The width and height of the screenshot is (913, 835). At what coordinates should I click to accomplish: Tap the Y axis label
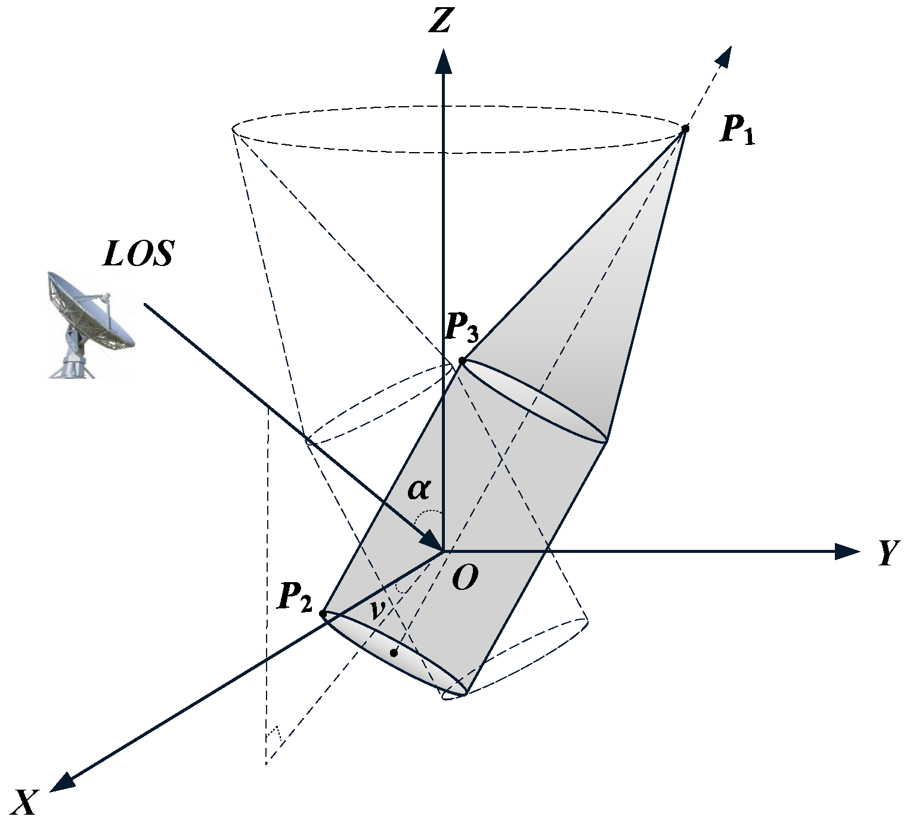(x=887, y=553)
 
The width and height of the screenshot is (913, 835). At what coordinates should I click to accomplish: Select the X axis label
(x=26, y=802)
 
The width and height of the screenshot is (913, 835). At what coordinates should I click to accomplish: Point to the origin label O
(x=465, y=577)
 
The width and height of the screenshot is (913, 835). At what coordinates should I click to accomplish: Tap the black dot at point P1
(x=685, y=128)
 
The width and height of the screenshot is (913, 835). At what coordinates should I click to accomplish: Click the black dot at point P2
(x=323, y=613)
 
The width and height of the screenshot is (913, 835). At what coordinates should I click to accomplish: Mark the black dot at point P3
(x=462, y=361)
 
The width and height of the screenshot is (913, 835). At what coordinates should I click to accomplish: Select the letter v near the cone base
(x=376, y=611)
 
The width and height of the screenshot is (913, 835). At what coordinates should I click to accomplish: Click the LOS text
(x=138, y=254)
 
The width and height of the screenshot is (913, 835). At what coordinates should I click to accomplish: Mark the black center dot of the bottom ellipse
(x=394, y=653)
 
